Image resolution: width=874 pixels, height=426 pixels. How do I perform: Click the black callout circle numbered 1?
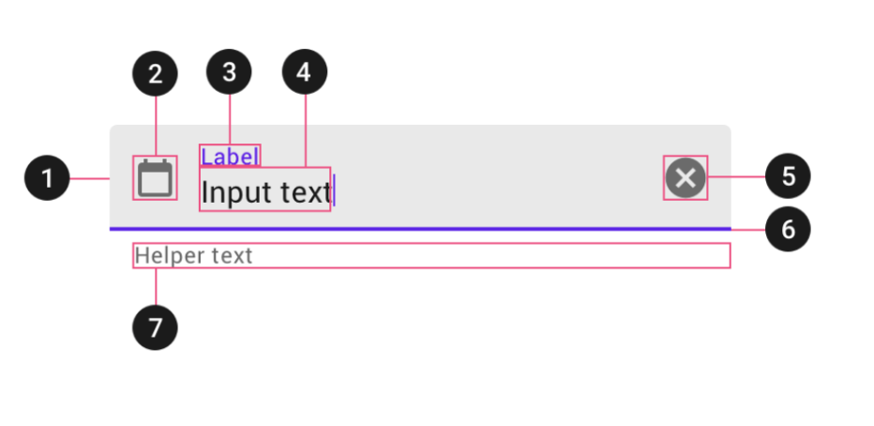[47, 177]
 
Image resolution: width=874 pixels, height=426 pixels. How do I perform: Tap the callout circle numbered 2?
[155, 74]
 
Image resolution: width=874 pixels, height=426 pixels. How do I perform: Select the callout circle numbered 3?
[229, 72]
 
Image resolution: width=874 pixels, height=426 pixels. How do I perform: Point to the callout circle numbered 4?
[304, 72]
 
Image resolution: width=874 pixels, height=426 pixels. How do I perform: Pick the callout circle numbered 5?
[788, 176]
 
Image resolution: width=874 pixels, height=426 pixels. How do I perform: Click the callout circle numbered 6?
[788, 229]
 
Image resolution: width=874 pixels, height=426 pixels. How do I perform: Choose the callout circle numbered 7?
[155, 327]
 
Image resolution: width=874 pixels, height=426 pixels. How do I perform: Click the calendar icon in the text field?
[155, 177]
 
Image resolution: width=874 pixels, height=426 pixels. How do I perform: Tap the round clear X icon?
[686, 177]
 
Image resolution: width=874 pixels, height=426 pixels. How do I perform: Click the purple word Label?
[229, 156]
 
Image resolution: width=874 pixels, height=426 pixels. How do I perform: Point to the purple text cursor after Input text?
[334, 190]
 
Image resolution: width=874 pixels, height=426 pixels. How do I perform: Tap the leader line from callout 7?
[155, 287]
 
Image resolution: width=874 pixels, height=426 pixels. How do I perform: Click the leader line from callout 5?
[736, 176]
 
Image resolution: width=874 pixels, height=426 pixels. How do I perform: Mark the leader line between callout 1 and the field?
[90, 177]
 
